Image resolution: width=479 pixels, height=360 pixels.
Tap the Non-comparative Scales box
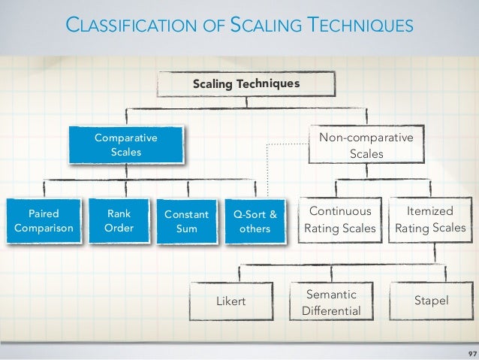click(x=366, y=146)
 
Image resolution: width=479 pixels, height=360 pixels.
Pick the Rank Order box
click(x=119, y=220)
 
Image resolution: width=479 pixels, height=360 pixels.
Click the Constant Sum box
click(x=186, y=222)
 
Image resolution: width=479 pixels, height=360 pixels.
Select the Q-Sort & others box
click(x=255, y=222)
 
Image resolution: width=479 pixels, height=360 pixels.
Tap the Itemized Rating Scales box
click(x=429, y=220)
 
